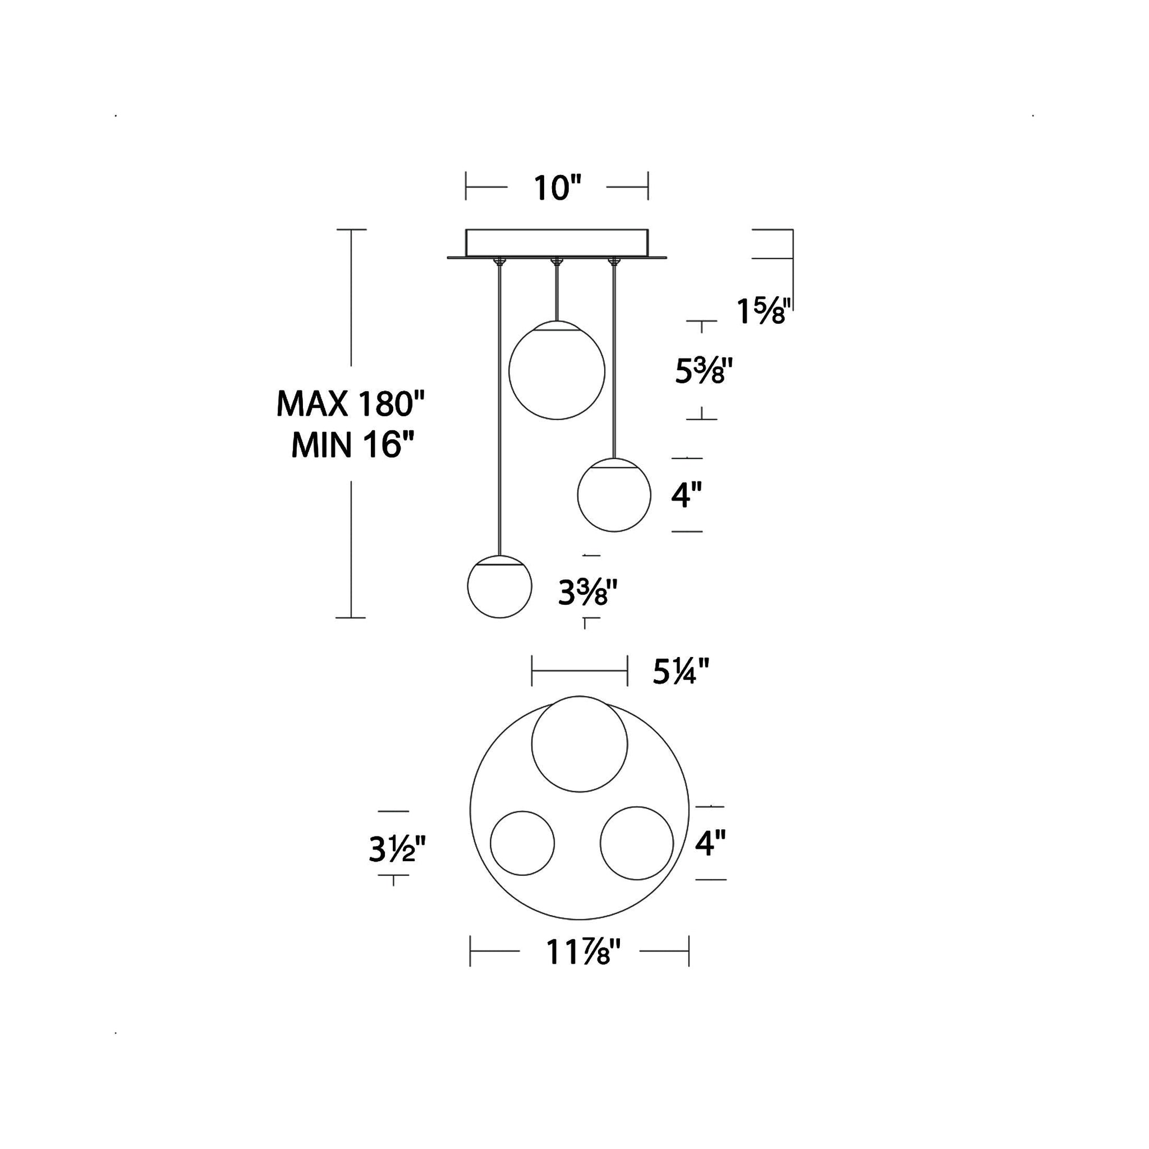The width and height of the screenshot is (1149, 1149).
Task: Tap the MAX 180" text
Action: tap(350, 404)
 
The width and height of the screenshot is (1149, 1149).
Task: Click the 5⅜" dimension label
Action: tap(703, 370)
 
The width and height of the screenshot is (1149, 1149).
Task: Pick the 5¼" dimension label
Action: tap(681, 672)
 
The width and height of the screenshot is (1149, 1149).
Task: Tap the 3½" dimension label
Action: tap(397, 849)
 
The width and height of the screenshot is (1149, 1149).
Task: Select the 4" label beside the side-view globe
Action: tap(686, 494)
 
